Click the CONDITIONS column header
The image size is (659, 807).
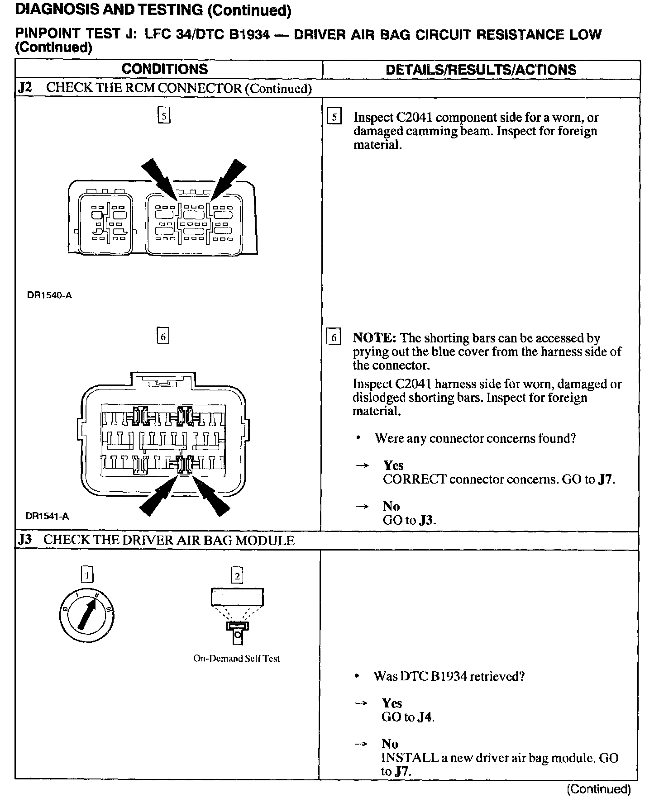pos(165,69)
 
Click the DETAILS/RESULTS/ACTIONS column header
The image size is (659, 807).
pos(481,70)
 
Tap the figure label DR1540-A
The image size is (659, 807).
pos(49,296)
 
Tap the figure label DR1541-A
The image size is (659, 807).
pos(48,516)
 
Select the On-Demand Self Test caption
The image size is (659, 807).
pos(236,659)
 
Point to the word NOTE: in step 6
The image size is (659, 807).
pos(374,338)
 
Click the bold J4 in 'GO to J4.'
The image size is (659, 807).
pos(425,717)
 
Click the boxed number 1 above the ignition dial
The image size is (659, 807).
pos(87,575)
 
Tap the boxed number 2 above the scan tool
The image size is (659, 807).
pos(237,576)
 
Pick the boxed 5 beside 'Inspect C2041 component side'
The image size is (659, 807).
pos(334,117)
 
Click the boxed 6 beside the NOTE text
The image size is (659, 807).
pos(334,337)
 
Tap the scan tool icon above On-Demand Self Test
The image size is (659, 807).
pos(237,615)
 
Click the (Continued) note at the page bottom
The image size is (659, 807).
pos(598,789)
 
